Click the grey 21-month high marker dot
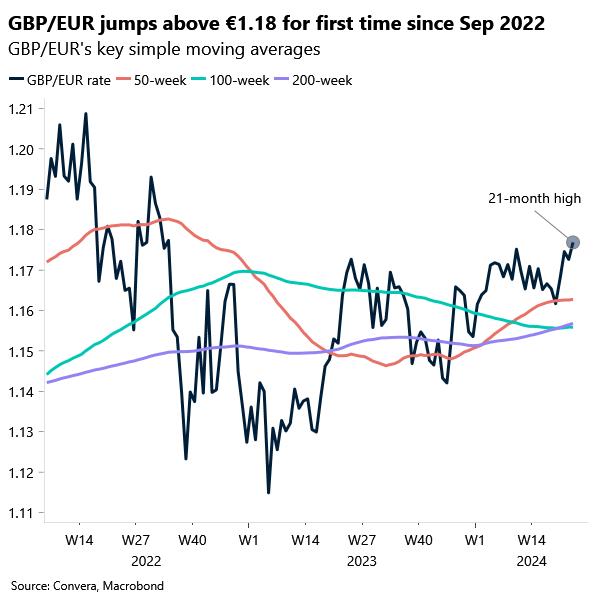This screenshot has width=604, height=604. pyautogui.click(x=573, y=241)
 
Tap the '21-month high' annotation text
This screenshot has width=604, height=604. pyautogui.click(x=535, y=198)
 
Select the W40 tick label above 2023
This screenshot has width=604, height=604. pyautogui.click(x=419, y=540)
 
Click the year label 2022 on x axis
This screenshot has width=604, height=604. pyautogui.click(x=146, y=561)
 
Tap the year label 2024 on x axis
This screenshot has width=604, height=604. pyautogui.click(x=530, y=561)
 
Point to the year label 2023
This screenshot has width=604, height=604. pyautogui.click(x=362, y=561)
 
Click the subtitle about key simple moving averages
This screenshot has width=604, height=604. pyautogui.click(x=165, y=49)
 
